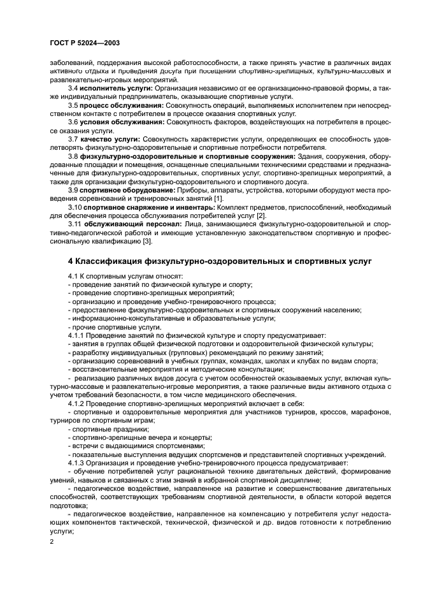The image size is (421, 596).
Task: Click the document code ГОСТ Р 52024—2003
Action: [85, 43]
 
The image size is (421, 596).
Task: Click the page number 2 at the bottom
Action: [52, 541]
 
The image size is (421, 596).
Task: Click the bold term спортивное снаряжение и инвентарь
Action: [150, 207]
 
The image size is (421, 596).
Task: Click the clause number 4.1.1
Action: [76, 335]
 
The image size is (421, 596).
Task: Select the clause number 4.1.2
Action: [76, 403]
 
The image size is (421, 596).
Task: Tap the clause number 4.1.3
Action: [76, 463]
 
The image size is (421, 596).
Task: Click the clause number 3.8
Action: [73, 155]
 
